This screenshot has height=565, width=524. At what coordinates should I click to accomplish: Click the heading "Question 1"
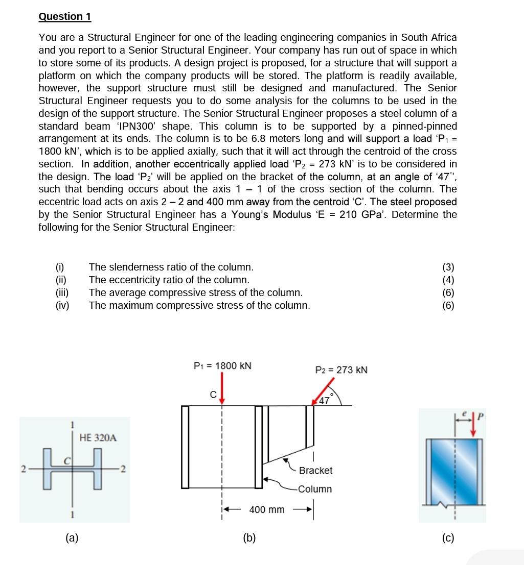point(65,16)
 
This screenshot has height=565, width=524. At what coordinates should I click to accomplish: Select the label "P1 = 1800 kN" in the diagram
point(222,366)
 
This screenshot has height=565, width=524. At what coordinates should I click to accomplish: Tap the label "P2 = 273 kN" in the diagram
point(341,370)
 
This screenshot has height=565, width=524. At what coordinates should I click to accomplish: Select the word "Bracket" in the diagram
point(315,471)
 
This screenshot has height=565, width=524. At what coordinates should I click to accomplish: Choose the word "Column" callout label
point(315,489)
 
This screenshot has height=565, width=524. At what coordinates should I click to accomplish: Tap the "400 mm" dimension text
point(267,509)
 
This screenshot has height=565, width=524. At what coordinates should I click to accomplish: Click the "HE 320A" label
point(98,437)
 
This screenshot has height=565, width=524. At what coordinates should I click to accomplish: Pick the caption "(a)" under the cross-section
point(72,537)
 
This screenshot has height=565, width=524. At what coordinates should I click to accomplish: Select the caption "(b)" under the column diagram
point(249,537)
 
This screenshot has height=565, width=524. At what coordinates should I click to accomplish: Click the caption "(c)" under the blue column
point(448,537)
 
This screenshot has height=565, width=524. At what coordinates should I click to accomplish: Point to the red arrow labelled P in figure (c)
point(473,425)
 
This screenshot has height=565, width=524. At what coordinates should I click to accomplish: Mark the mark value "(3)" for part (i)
point(448,267)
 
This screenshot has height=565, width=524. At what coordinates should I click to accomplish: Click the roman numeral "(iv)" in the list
point(62,306)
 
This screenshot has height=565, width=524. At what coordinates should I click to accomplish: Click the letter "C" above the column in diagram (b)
point(213,395)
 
